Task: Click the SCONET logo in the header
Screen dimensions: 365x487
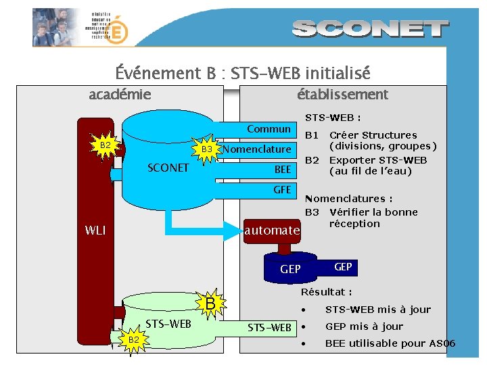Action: [371, 29]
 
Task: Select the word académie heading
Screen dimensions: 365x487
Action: [120, 95]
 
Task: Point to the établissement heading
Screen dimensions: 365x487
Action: [342, 95]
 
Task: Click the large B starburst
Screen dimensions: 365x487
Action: [210, 304]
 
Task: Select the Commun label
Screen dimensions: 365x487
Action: [269, 128]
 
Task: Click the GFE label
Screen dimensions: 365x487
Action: [282, 190]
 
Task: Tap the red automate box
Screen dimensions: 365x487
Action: [272, 230]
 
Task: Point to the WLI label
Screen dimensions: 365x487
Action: [95, 230]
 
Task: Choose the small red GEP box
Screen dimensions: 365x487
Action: [343, 267]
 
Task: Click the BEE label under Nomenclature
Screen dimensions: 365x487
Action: [282, 169]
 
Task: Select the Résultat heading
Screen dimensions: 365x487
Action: [326, 292]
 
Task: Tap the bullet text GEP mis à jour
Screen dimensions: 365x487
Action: [364, 326]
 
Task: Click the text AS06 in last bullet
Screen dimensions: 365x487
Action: [442, 343]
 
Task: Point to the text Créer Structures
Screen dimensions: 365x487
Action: [373, 135]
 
